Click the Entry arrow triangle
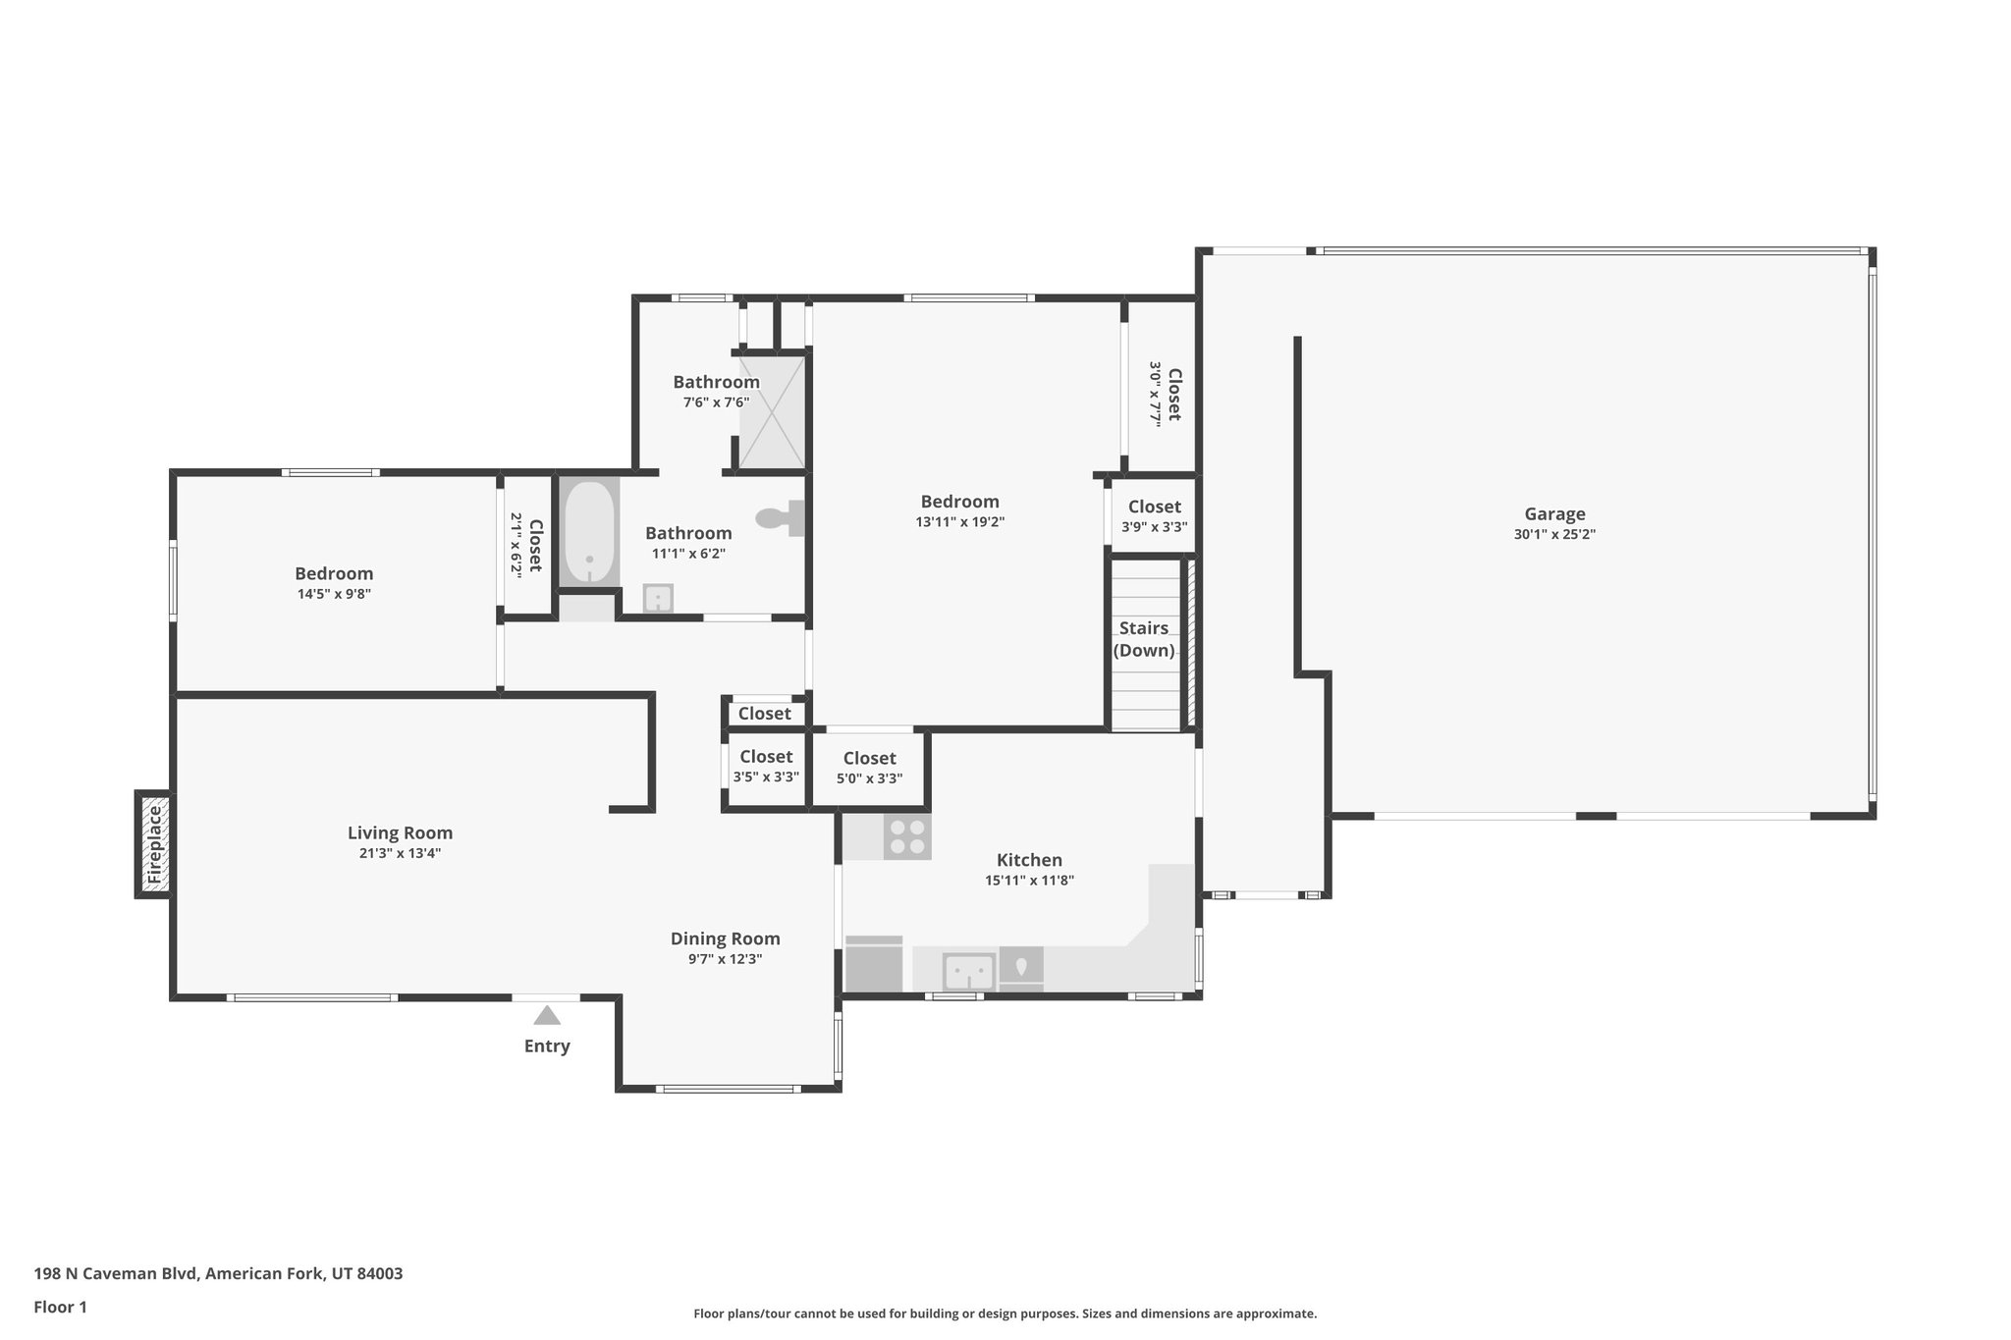point(547,1015)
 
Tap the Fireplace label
point(153,845)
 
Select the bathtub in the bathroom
point(589,533)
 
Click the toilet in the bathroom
point(780,517)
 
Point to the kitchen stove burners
point(907,836)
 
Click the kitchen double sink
point(969,972)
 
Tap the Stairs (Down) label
point(1144,639)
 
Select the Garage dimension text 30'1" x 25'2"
point(1554,535)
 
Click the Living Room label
point(400,832)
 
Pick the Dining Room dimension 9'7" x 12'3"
point(725,959)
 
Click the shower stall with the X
point(772,412)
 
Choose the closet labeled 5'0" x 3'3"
point(869,769)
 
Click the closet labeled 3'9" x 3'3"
point(1154,516)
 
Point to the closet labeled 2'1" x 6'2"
point(526,544)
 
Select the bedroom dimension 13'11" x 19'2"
point(959,522)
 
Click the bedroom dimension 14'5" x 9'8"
point(334,594)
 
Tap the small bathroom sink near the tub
point(657,598)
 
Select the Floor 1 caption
point(61,1307)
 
